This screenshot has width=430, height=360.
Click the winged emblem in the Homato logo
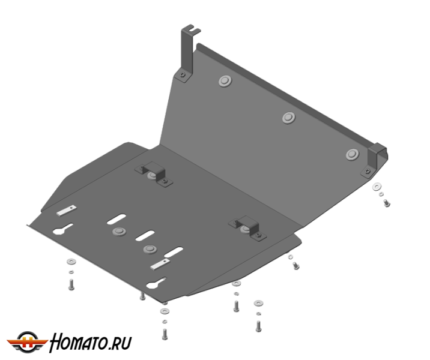click(x=27, y=341)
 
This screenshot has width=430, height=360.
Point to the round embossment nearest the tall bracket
click(x=225, y=81)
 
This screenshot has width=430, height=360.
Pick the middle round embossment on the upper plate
click(x=289, y=118)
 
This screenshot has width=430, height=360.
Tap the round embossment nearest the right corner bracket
click(x=353, y=155)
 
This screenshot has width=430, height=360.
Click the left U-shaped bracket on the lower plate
click(x=154, y=174)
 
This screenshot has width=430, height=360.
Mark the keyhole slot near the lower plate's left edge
click(x=62, y=229)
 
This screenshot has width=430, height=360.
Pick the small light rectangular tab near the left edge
click(x=67, y=211)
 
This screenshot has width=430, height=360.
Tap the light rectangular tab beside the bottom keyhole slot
click(x=160, y=265)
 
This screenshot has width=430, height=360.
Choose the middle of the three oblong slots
click(x=145, y=236)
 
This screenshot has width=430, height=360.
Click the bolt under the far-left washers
click(x=71, y=284)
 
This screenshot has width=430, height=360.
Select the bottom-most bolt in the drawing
click(x=165, y=334)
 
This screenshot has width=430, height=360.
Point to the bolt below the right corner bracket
click(x=386, y=203)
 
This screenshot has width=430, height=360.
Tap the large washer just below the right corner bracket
click(x=377, y=187)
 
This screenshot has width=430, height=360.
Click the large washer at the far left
click(x=71, y=262)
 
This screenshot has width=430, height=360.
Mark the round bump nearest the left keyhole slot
click(x=120, y=232)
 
